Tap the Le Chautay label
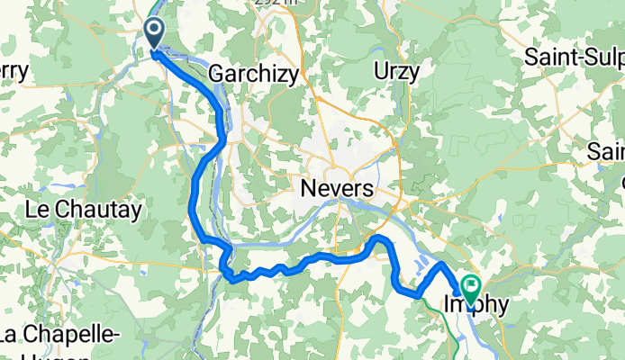pos(85,211)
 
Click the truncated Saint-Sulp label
pos(575,58)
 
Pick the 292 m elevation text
pos(274,4)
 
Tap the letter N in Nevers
pos(303,188)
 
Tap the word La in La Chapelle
pos(8,335)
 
